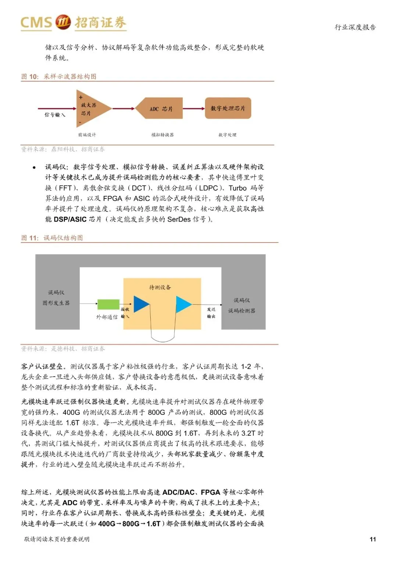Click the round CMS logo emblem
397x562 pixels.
[x=63, y=22]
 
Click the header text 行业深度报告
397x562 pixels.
[x=355, y=27]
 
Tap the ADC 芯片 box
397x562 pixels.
[x=159, y=108]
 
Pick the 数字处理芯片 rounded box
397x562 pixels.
[x=228, y=108]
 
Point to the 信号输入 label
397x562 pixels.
[x=55, y=115]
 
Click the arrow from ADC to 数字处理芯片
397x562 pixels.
[x=194, y=108]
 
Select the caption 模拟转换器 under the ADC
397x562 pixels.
[x=162, y=135]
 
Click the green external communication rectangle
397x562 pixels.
[x=108, y=304]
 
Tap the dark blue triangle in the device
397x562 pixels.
[x=141, y=304]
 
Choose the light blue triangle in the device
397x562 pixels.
[x=183, y=304]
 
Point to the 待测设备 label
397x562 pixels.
[x=160, y=287]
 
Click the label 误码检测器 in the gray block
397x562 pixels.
[x=242, y=311]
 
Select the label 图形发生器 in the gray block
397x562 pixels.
[x=56, y=303]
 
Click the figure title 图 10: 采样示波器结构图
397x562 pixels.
[x=59, y=77]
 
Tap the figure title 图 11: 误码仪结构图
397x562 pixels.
[x=52, y=238]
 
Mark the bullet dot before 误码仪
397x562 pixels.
[x=34, y=167]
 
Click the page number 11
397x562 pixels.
[x=373, y=539]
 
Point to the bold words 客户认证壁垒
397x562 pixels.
[x=42, y=367]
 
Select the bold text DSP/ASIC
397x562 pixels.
[x=70, y=219]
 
